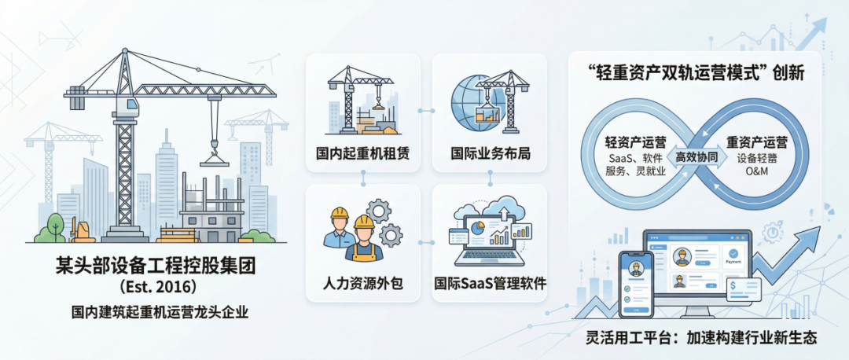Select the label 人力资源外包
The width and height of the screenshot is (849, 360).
click(362, 281)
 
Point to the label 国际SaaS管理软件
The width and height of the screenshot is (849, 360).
click(490, 281)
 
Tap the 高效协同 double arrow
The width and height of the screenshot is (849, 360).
click(696, 157)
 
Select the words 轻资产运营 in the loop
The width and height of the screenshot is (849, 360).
click(635, 143)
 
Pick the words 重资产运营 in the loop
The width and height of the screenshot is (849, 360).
click(757, 143)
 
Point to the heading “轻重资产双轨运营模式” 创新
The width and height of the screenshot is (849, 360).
click(696, 74)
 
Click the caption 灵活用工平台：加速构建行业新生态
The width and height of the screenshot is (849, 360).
click(702, 338)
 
